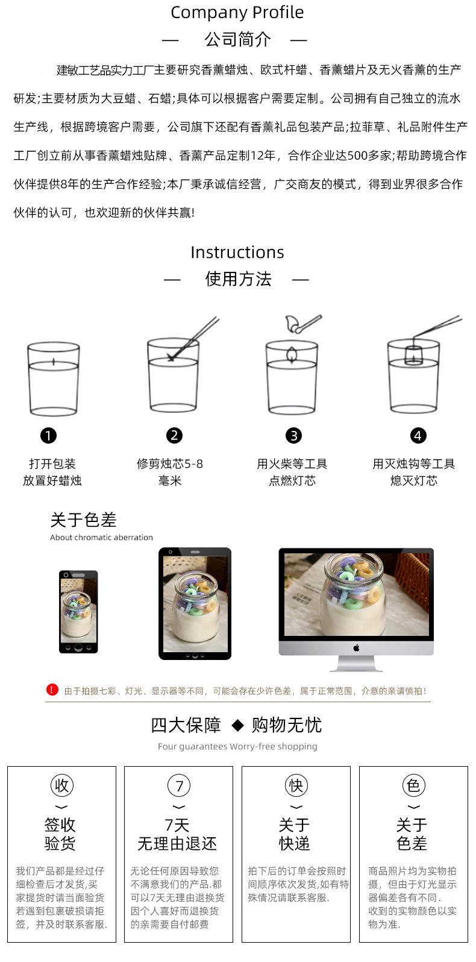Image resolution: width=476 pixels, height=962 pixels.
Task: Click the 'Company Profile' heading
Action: [x=237, y=13]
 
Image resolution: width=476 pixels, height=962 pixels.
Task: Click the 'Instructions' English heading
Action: [x=237, y=252]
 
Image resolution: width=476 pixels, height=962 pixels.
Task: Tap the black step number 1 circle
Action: [x=48, y=435]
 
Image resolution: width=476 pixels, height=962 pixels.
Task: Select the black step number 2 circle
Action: [x=174, y=435]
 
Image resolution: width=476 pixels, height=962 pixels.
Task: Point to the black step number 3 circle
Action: [x=293, y=435]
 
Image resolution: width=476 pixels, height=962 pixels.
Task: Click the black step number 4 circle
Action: [x=418, y=435]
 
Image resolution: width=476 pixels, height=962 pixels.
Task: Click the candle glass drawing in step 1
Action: [x=54, y=379]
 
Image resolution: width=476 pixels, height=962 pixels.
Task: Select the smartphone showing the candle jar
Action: [x=78, y=611]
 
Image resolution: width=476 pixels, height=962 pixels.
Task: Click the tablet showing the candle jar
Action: [x=195, y=603]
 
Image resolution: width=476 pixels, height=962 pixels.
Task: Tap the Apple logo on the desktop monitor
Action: [x=356, y=648]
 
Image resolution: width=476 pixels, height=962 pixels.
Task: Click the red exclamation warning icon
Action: [x=52, y=690]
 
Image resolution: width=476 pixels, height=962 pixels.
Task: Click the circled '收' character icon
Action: [x=61, y=785]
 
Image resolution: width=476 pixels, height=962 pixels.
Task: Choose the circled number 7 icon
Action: [x=179, y=785]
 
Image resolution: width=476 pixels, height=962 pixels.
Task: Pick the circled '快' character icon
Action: [x=296, y=785]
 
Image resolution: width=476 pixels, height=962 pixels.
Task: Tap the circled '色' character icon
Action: [x=413, y=785]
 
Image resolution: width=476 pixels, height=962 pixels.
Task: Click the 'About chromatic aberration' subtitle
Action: [x=101, y=538]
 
